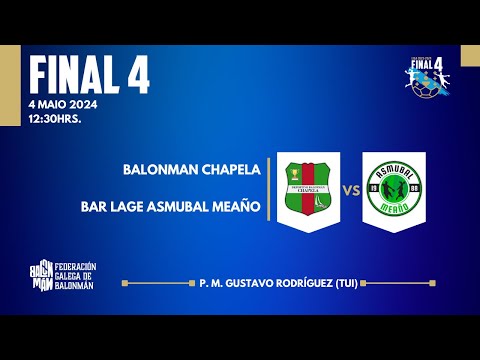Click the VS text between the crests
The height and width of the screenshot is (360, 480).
pos(351,189)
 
